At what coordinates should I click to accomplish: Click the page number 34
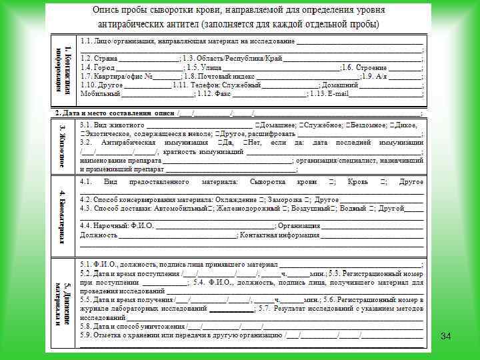point(445,337)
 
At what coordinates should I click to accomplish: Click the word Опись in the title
point(107,11)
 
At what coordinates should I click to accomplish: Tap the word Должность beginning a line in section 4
point(99,235)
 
